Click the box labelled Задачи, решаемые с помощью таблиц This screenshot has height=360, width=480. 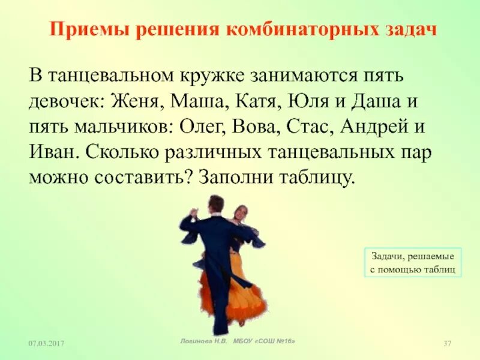(x=413, y=262)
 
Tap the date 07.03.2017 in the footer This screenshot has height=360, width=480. (x=47, y=343)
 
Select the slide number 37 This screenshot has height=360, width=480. (x=446, y=343)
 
